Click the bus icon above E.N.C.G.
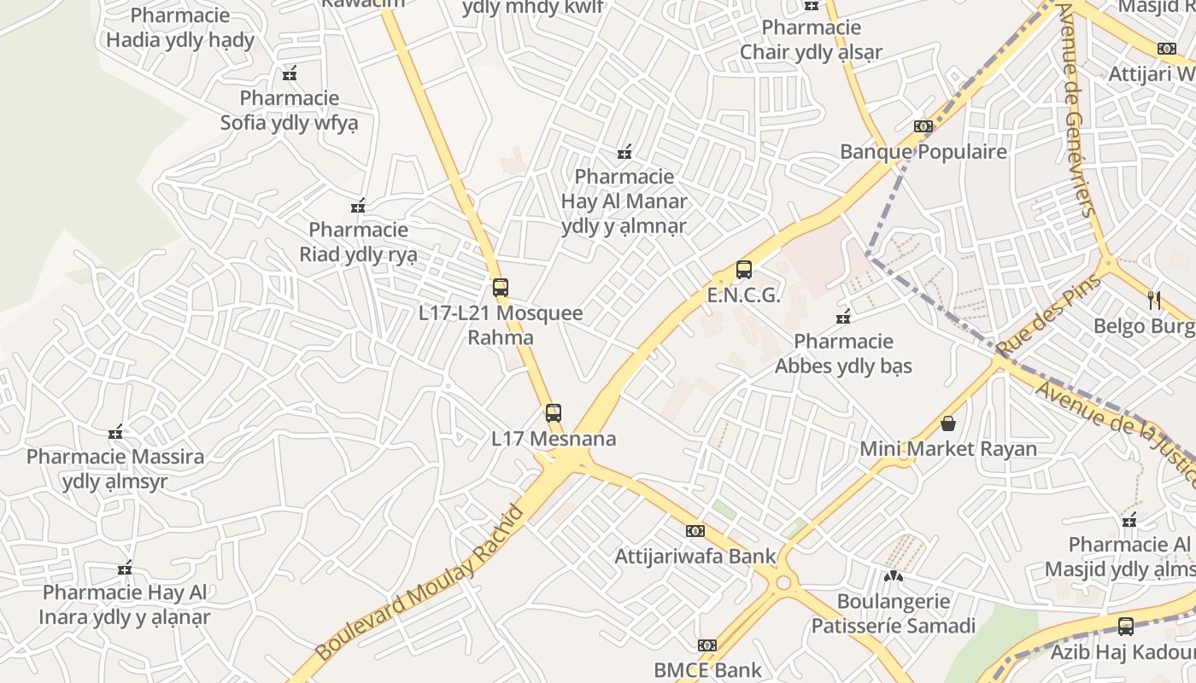[x=744, y=270]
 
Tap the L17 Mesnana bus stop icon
[x=554, y=413]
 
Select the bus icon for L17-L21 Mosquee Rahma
[x=501, y=288]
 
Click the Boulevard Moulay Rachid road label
[x=419, y=583]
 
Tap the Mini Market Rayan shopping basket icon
[x=947, y=423]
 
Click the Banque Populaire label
[x=923, y=152]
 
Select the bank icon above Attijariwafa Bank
[x=695, y=531]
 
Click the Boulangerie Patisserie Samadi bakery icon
[x=893, y=576]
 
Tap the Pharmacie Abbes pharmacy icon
[x=844, y=317]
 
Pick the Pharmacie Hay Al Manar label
[x=624, y=201]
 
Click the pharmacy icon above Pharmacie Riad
[x=358, y=206]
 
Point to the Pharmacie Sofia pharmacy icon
[x=290, y=73]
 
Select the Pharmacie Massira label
[x=115, y=469]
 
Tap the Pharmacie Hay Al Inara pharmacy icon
[x=126, y=568]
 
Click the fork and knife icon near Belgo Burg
[x=1154, y=300]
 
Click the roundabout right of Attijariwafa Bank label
[x=783, y=584]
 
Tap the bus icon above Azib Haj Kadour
[x=1126, y=627]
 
